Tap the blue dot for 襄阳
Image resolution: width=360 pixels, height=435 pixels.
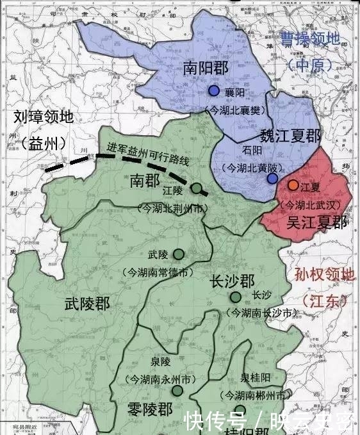point(214,91)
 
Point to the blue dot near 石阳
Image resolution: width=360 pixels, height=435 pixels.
point(272,177)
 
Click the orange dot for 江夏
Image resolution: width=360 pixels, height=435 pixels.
point(293,185)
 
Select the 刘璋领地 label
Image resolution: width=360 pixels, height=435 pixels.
point(44,117)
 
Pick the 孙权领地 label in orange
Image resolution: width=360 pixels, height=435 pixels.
point(324,275)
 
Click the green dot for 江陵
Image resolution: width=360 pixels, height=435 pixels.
point(197,189)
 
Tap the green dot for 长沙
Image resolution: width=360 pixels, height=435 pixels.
point(236,297)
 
